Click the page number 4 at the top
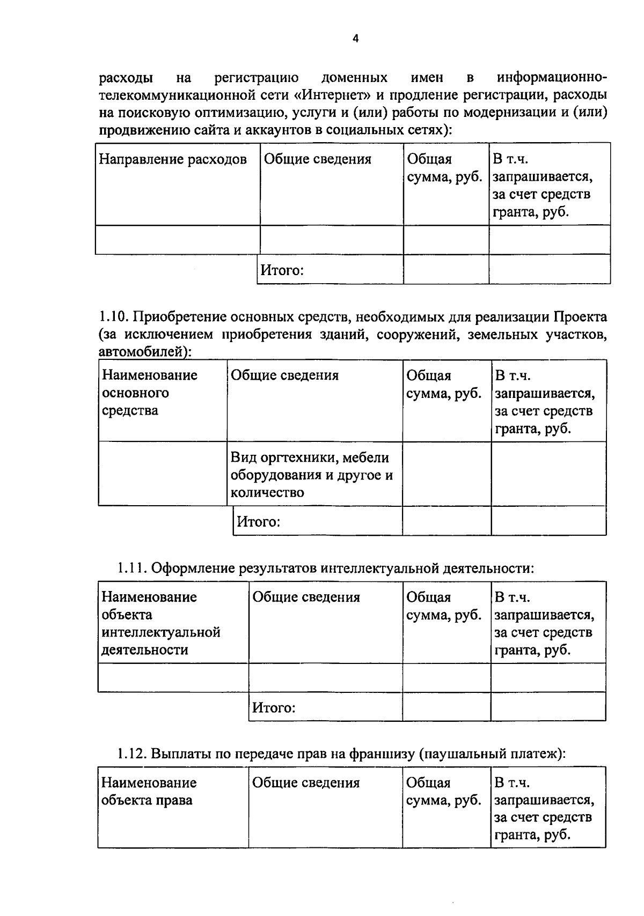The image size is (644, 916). pos(355,38)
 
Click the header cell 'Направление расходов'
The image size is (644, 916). pos(173,159)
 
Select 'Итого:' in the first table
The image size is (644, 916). pos(282,270)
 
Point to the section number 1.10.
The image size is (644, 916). pos(113,317)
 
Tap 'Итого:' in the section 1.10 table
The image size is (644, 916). pos(259,521)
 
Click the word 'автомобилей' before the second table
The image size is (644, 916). pos(144,352)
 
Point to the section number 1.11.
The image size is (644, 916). pos(132,568)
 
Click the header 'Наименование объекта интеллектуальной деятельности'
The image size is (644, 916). pos(161,623)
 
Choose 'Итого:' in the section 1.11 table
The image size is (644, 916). pos(274,707)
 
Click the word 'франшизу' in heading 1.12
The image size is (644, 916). pos(382,754)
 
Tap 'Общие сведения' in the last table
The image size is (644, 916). pos(306,783)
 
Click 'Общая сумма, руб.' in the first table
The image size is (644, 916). pos(444,168)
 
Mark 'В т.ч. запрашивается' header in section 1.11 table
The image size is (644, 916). pos(544,606)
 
